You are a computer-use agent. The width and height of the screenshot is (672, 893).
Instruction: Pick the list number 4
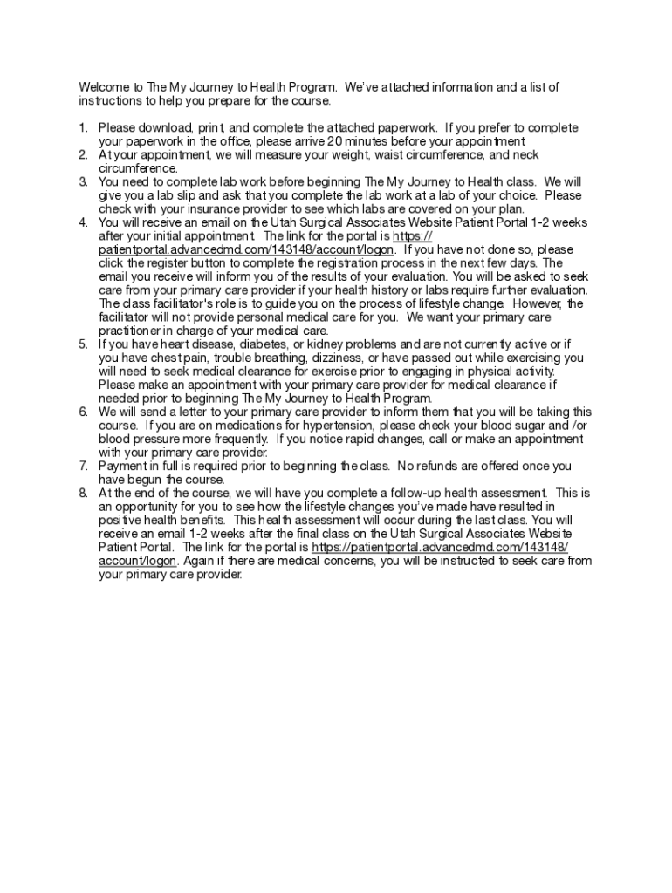coord(83,222)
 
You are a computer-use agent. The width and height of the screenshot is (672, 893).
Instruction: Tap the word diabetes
coord(240,344)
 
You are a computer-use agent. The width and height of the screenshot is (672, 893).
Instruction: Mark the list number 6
coord(83,412)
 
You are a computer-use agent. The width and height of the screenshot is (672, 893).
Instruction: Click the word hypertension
coord(305,426)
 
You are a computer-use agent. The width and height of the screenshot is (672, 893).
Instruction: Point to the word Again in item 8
coord(202,561)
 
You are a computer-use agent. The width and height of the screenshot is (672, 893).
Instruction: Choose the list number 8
coord(83,493)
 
